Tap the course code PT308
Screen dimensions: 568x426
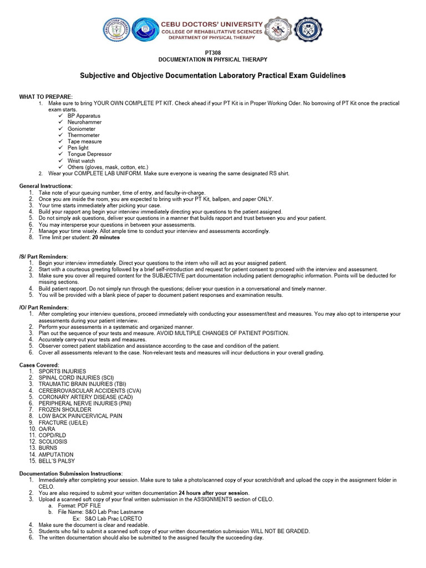[213, 53]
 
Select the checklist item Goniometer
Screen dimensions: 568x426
[82, 129]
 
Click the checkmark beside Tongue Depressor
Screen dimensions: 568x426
[61, 154]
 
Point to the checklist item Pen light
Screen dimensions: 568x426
[78, 148]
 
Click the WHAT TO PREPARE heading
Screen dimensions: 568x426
[46, 97]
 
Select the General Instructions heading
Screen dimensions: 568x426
[46, 186]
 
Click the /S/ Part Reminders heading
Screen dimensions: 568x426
[44, 256]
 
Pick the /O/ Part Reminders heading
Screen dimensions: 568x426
[44, 307]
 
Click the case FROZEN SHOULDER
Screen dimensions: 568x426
[65, 409]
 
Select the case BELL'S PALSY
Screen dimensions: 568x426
[57, 461]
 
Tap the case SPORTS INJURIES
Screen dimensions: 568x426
[62, 371]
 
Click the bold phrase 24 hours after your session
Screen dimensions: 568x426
[214, 493]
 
